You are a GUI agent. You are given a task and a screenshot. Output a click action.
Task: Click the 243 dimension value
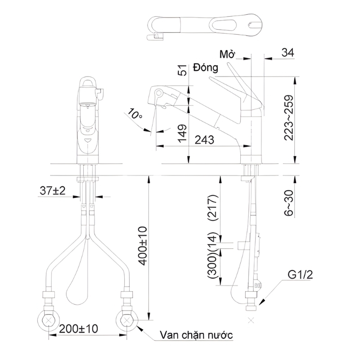[204, 140]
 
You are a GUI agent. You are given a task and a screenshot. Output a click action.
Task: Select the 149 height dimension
[183, 134]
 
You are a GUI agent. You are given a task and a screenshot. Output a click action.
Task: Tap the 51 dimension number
[182, 70]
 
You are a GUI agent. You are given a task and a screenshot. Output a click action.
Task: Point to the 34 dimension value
[288, 53]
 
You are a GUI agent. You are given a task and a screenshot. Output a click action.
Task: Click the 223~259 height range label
[288, 118]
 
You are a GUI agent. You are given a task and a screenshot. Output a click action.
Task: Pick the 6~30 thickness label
[288, 203]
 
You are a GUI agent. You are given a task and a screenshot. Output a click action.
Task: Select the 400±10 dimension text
[143, 246]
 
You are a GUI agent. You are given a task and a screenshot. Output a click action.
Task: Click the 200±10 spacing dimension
[78, 329]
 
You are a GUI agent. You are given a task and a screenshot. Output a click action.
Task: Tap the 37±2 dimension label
[53, 190]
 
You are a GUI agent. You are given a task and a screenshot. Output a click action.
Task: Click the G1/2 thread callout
[300, 275]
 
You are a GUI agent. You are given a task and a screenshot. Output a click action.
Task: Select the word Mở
[228, 54]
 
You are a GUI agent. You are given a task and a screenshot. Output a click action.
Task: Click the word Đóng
[206, 68]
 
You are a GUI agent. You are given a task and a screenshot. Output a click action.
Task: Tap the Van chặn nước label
[196, 335]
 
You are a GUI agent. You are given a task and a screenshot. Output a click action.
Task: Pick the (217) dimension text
[212, 208]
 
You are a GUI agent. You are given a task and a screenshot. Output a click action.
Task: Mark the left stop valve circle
[49, 321]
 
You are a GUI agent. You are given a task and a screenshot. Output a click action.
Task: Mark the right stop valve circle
[127, 321]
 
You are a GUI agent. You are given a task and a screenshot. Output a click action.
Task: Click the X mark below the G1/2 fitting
[251, 320]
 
